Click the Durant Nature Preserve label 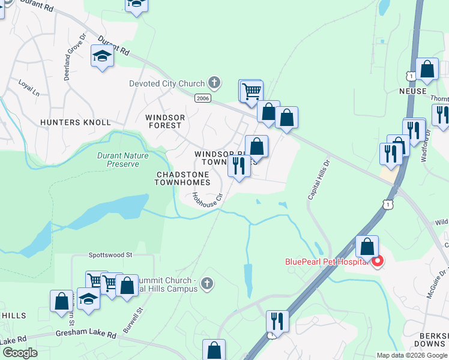[x=118, y=159]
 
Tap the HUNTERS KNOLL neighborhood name [x=68, y=122]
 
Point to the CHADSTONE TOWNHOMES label [x=183, y=178]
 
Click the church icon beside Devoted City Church [x=214, y=83]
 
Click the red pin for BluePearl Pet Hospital [x=378, y=262]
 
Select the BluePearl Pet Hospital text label [x=327, y=262]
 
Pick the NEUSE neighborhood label [x=412, y=91]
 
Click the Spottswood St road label [x=110, y=255]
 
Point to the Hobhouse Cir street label [x=208, y=197]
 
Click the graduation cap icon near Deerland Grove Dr [x=103, y=57]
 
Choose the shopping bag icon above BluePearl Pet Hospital [x=367, y=246]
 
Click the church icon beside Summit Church [x=206, y=283]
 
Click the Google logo [x=20, y=353]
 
